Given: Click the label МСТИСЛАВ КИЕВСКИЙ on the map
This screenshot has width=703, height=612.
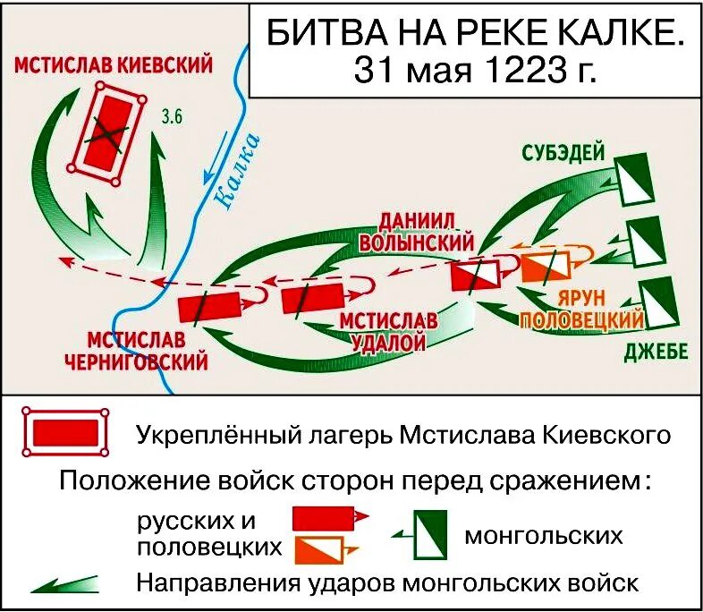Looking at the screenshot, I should pyautogui.click(x=113, y=64).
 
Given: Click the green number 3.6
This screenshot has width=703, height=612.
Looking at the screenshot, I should pyautogui.click(x=172, y=115).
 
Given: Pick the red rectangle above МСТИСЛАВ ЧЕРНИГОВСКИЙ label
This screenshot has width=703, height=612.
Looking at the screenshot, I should pyautogui.click(x=208, y=306).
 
